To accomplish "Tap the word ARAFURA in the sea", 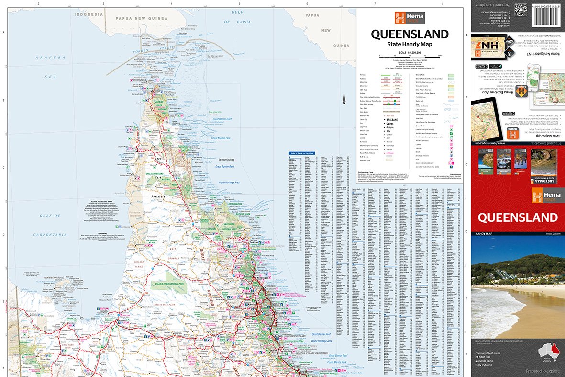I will click(50, 57).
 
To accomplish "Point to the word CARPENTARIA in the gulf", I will click(50, 235).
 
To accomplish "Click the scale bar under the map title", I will click(411, 57).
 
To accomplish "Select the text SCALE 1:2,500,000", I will click(410, 52).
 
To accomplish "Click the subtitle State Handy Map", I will click(410, 44).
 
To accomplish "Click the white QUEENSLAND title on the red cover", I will click(518, 217).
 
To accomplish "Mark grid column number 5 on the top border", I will click(239, 4).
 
